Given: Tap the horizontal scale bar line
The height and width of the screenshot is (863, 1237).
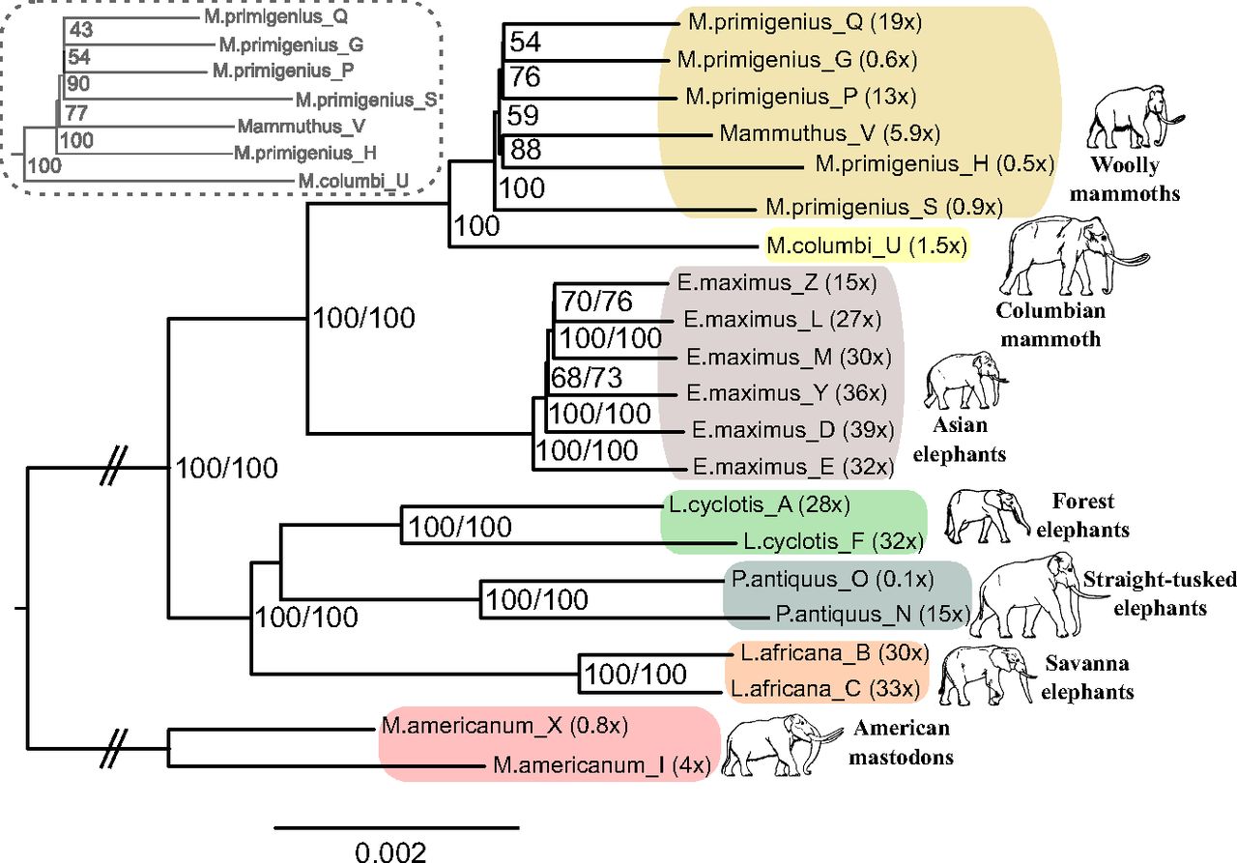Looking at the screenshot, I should (396, 827).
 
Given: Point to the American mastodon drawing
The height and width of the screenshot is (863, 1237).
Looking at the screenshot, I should (778, 745).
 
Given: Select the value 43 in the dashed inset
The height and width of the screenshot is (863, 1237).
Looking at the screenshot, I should (80, 32).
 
